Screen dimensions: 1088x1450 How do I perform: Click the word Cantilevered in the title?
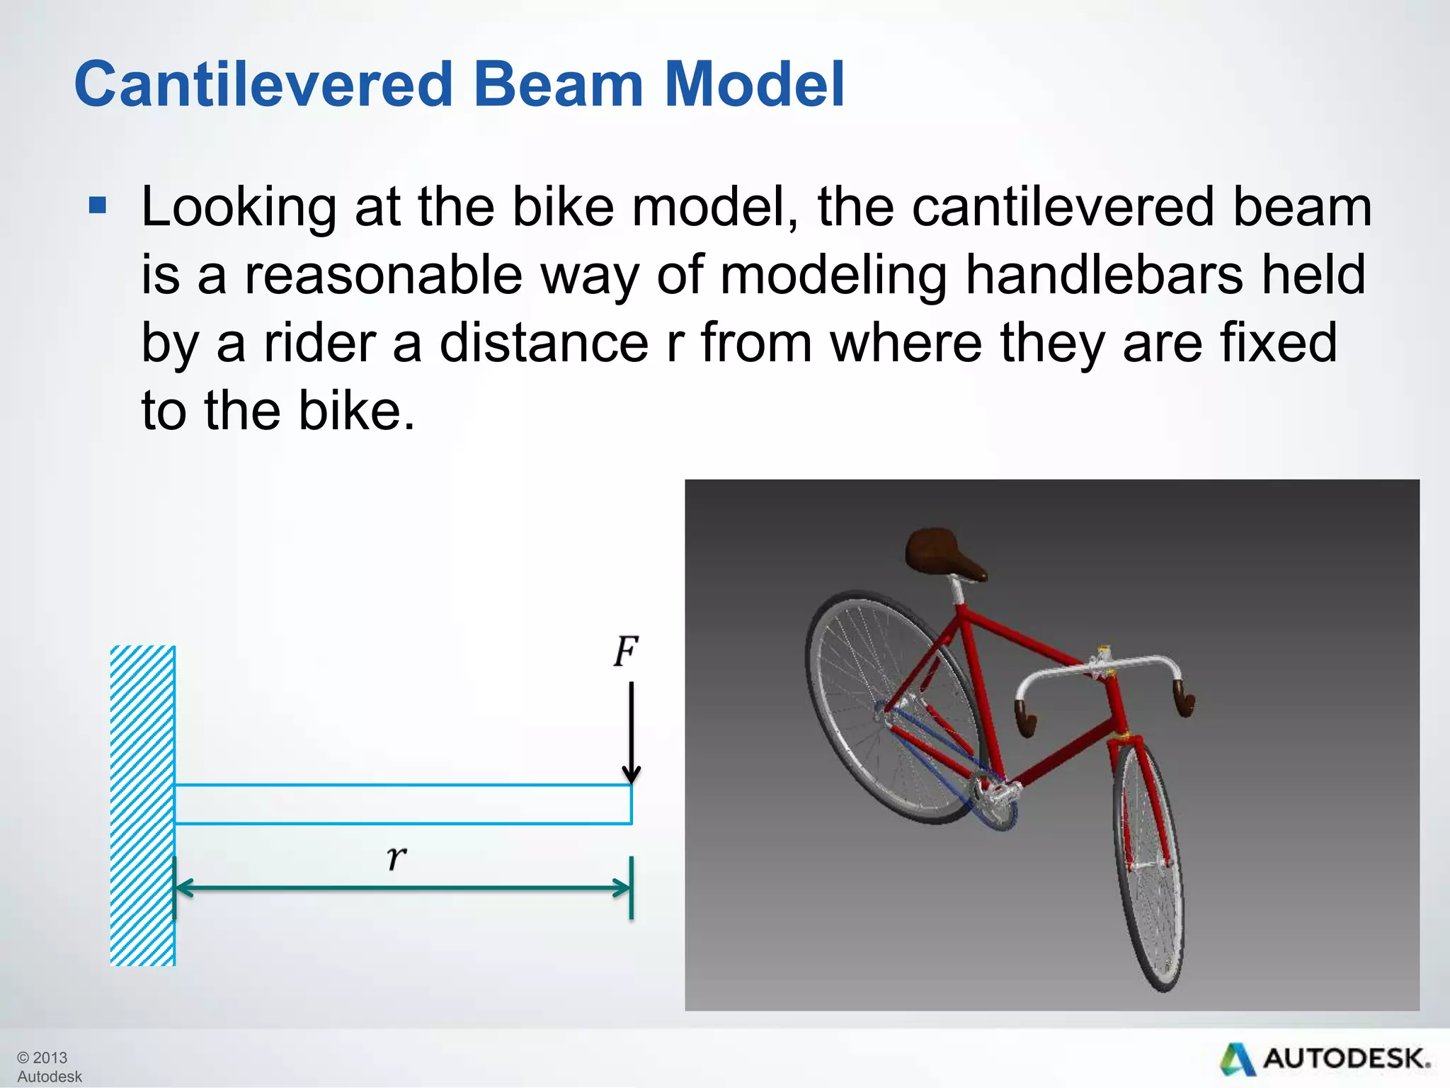point(263,85)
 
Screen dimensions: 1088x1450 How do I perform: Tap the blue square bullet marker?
point(98,206)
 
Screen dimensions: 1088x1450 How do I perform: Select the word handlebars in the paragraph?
point(1104,275)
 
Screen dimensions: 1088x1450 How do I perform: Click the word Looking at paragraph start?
point(239,208)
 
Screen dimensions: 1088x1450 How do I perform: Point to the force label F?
point(625,652)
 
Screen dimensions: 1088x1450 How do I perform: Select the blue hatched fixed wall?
point(142,805)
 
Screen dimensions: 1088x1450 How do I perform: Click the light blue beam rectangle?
point(402,805)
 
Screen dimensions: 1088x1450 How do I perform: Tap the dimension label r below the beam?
point(396,857)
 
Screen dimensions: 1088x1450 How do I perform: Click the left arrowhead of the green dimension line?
point(183,888)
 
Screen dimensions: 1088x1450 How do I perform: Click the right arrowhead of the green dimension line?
point(622,888)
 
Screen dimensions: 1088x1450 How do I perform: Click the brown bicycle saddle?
point(942,554)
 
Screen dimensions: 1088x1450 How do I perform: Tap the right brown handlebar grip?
point(1184,700)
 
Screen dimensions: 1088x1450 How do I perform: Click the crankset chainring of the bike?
point(995,800)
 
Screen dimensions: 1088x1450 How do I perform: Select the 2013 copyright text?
point(42,1058)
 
